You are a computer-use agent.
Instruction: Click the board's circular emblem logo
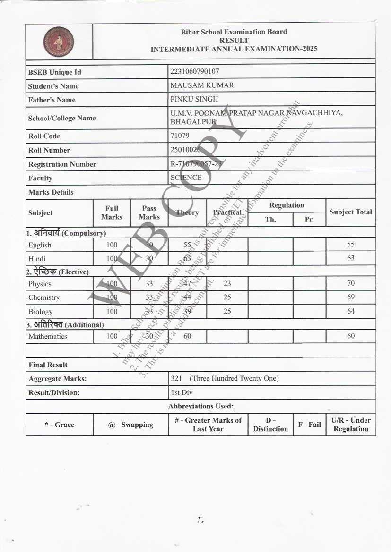tap(59, 42)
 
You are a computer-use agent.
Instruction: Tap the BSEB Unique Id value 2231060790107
tap(194, 71)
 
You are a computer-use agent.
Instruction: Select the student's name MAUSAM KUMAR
tap(202, 85)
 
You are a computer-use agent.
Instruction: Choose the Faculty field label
tap(40, 178)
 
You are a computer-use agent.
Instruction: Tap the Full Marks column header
tap(112, 212)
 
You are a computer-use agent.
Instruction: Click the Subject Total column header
tap(350, 212)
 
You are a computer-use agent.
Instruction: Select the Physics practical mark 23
tap(227, 283)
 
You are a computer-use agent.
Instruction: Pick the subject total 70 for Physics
tap(350, 283)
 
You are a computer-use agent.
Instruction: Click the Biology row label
tap(40, 312)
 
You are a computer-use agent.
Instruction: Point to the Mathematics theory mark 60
tap(187, 336)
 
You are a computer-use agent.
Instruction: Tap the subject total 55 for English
tap(350, 245)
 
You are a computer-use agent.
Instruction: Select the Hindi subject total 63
tap(350, 258)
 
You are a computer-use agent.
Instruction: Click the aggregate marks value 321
tap(176, 378)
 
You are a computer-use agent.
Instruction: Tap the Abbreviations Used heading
tap(200, 406)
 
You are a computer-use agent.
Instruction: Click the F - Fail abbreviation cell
tap(309, 425)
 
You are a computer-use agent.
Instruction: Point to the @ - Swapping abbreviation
tap(130, 425)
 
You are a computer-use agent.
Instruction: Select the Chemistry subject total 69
tap(350, 297)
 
